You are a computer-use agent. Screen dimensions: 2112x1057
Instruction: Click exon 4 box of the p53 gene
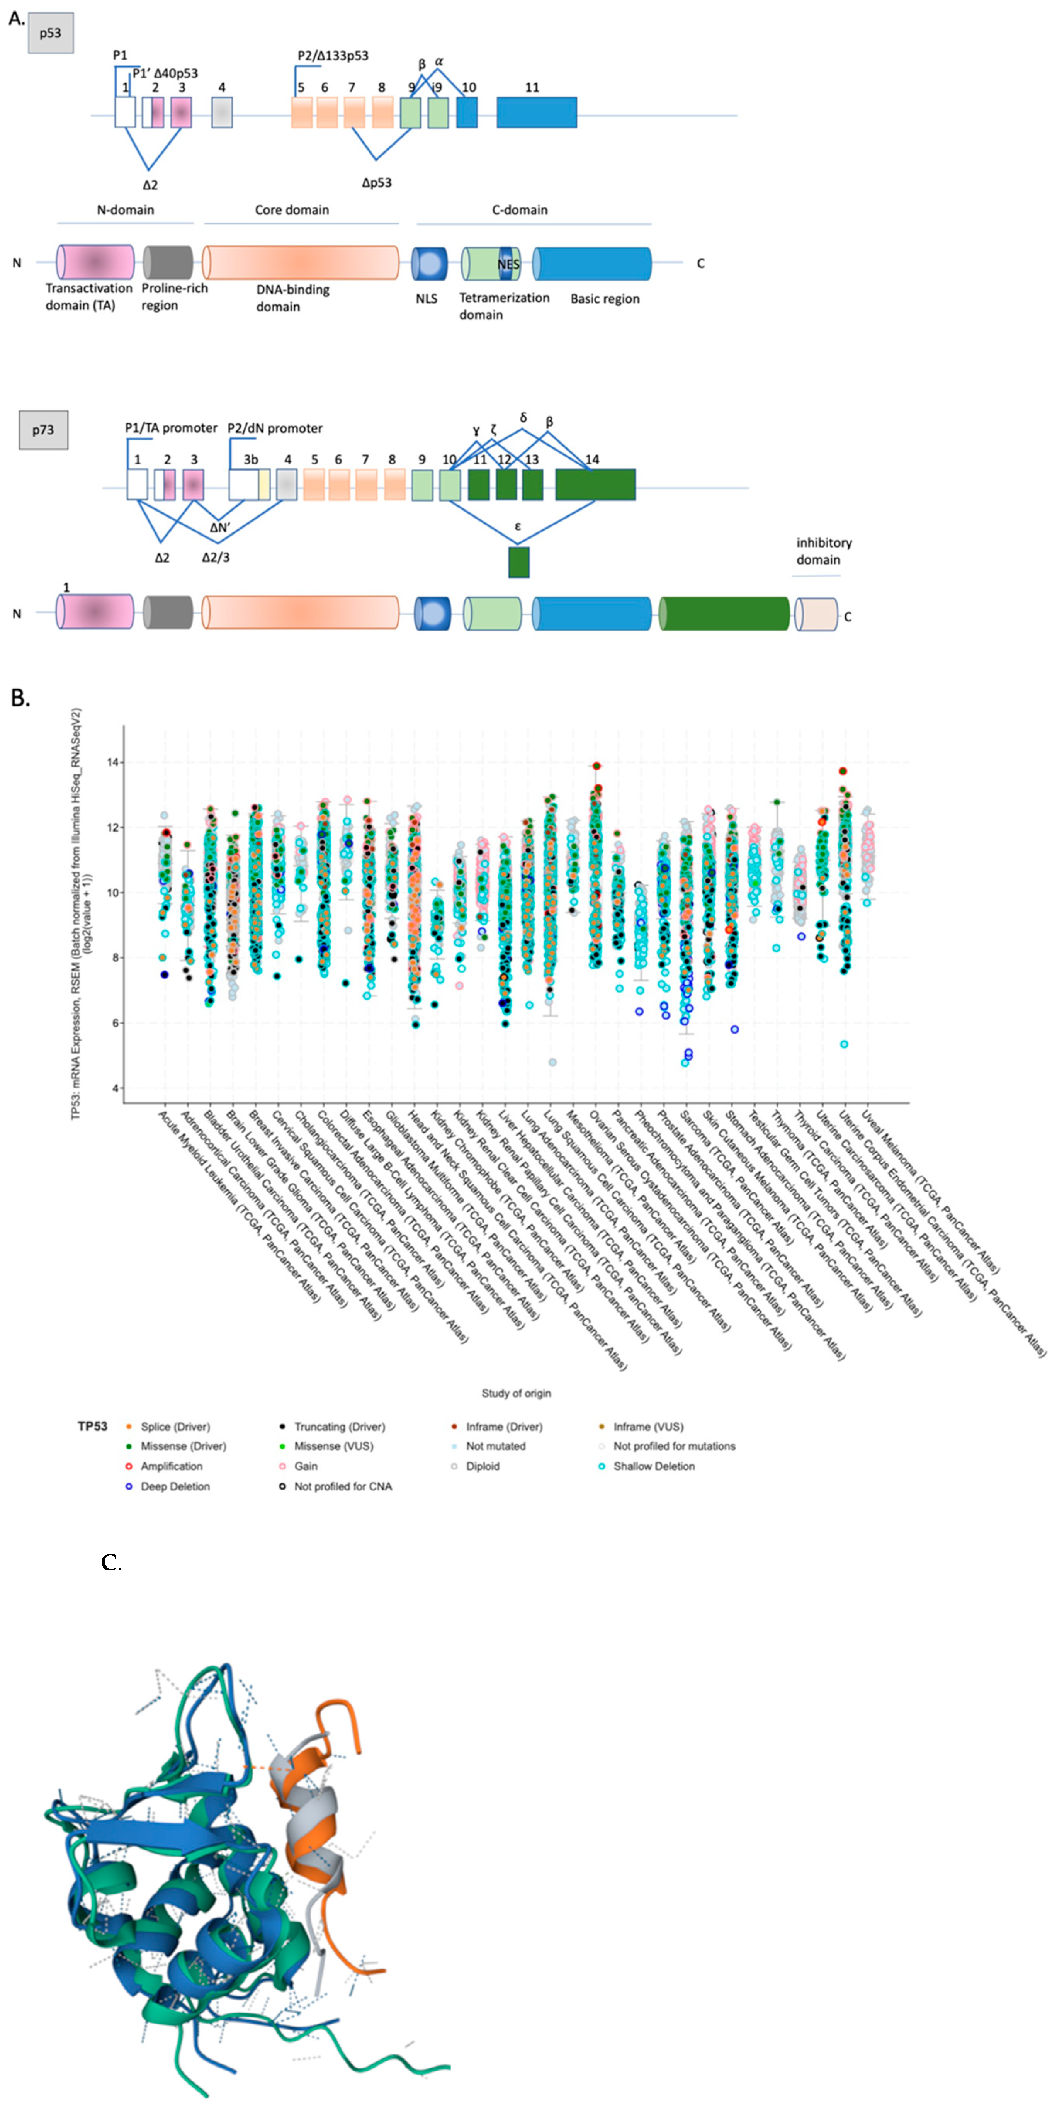click(222, 112)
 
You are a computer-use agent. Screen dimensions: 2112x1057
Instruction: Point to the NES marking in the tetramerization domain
click(508, 264)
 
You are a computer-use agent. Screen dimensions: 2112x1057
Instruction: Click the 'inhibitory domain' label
click(823, 551)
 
